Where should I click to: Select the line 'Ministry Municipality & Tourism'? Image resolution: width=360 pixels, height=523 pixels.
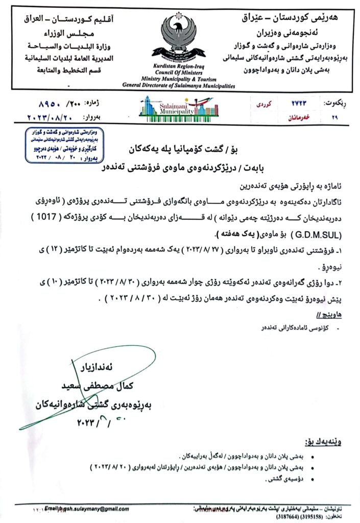[x=179, y=79]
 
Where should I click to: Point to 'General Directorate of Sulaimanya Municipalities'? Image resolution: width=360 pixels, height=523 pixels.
[x=179, y=86]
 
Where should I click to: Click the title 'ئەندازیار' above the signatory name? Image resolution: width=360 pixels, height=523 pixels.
[x=115, y=368]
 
